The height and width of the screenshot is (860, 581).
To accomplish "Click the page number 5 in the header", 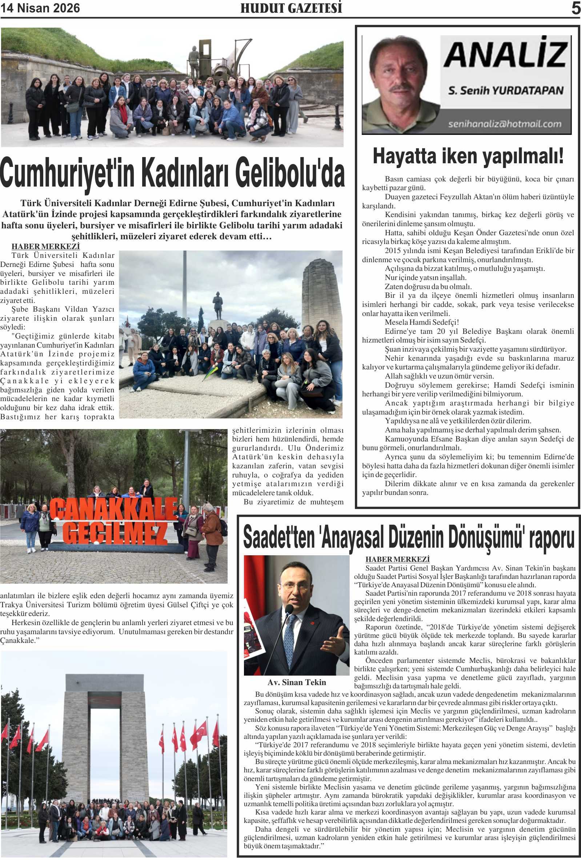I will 576,8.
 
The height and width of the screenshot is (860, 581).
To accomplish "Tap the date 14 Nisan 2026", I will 40,8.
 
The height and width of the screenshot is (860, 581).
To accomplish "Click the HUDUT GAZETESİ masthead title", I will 291,8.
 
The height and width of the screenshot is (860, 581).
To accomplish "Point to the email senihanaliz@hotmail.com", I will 505,124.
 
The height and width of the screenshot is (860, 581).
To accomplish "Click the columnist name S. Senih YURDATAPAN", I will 505,91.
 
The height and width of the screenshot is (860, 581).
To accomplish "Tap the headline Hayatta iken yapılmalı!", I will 468,156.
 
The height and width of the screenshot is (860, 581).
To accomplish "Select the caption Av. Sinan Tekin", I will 297,683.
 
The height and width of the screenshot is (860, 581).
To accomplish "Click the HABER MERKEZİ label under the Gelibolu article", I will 45,247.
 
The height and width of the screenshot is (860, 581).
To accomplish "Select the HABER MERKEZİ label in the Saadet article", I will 397,560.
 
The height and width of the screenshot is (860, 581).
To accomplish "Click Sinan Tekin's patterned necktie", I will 289,635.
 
